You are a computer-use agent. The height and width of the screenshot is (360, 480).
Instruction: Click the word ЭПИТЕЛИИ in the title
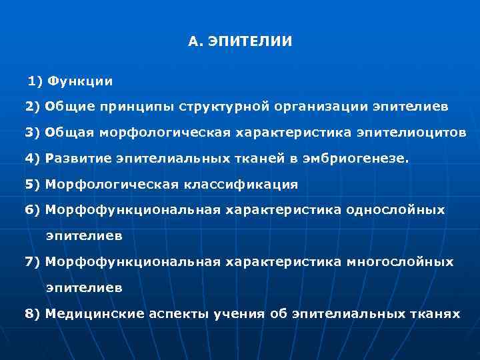[250, 41]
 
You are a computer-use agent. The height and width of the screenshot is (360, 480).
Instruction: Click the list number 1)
[35, 81]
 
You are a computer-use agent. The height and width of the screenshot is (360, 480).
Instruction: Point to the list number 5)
[33, 184]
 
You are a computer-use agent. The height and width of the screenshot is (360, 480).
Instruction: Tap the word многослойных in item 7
[399, 262]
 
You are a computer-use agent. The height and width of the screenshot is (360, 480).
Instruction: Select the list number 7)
[33, 262]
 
